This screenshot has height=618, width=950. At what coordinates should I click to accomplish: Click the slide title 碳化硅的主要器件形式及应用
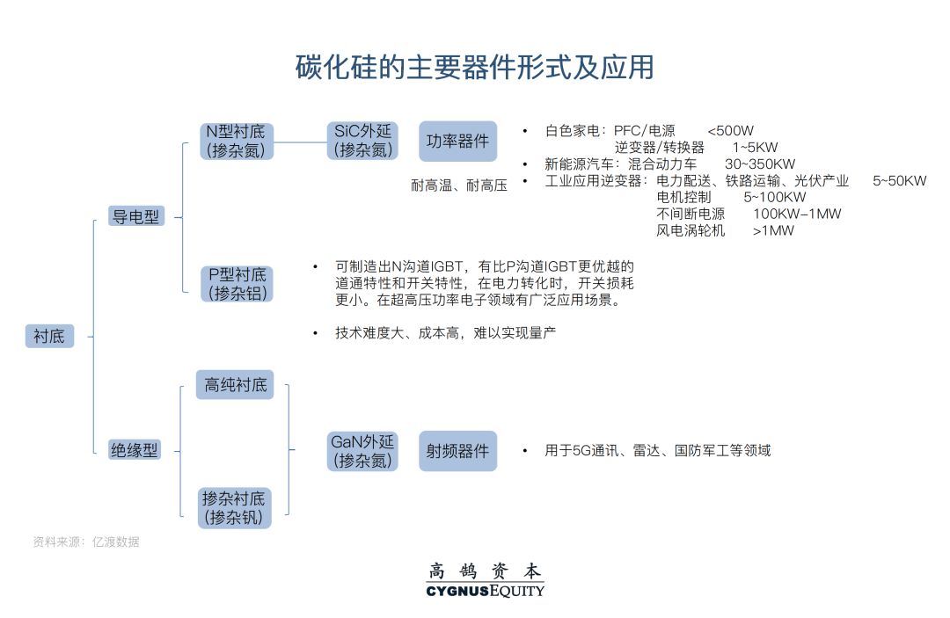[x=474, y=68]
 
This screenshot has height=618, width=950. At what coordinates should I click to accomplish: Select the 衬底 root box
[x=49, y=336]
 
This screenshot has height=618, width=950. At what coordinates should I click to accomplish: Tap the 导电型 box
[x=135, y=216]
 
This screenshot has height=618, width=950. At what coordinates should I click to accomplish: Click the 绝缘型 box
[x=135, y=450]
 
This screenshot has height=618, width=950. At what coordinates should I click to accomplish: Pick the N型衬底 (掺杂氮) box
[x=236, y=141]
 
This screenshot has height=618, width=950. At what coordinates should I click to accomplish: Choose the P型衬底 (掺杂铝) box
[x=237, y=284]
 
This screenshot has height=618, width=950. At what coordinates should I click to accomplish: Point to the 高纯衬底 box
[x=236, y=385]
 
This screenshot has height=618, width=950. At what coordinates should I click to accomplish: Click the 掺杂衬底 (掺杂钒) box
[x=234, y=507]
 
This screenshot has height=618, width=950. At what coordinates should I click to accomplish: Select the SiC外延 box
[x=362, y=141]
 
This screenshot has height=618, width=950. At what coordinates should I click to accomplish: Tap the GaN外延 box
[x=362, y=451]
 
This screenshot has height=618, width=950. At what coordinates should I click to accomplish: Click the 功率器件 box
[x=457, y=141]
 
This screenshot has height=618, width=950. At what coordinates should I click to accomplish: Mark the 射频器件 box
[x=457, y=451]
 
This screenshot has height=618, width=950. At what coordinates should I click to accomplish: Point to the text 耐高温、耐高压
[x=459, y=185]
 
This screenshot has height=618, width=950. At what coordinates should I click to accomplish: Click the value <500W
[x=730, y=131]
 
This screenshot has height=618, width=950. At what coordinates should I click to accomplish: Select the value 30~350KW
[x=760, y=164]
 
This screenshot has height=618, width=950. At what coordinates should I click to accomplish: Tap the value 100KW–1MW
[x=797, y=214]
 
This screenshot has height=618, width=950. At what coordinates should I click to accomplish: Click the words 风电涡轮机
[x=691, y=231]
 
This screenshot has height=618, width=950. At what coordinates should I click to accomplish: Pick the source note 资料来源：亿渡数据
[x=86, y=542]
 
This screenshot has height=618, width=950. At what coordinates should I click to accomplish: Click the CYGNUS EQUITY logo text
[x=485, y=591]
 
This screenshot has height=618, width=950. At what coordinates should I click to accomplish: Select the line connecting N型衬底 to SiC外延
[x=300, y=141]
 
